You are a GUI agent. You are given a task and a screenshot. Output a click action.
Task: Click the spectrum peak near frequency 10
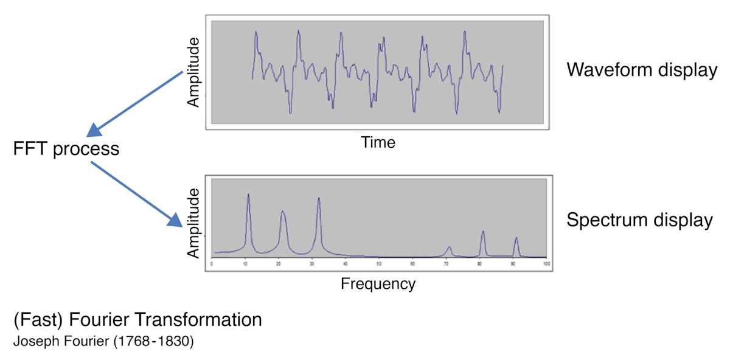tap(248, 196)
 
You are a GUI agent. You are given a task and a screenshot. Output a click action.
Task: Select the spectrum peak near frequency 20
tap(283, 212)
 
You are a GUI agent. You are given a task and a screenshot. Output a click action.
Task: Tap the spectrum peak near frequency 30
tap(319, 199)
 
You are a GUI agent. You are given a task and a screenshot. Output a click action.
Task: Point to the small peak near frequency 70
tap(449, 247)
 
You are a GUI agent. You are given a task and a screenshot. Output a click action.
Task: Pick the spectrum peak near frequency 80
tap(483, 232)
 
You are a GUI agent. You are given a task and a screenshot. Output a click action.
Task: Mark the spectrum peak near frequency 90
tap(516, 238)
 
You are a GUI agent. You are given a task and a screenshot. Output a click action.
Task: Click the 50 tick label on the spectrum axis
tap(379, 265)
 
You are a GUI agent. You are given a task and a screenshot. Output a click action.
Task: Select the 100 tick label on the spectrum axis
tap(546, 265)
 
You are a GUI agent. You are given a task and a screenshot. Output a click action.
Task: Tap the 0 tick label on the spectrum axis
tap(211, 265)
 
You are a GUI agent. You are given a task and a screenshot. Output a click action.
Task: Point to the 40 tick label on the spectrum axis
tap(346, 265)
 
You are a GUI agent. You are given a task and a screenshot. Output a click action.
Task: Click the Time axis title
tap(378, 143)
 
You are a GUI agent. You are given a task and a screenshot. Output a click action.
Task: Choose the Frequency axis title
tap(378, 283)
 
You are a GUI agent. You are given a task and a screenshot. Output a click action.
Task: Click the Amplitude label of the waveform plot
tap(193, 72)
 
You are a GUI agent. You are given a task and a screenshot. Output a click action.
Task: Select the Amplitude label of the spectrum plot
tap(193, 223)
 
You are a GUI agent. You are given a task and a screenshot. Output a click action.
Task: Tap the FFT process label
tap(66, 149)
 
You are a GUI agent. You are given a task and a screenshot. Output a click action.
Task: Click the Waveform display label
tap(642, 70)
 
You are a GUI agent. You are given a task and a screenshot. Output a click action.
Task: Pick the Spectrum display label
tap(639, 220)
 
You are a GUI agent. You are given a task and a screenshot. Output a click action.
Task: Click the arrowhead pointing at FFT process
tap(94, 130)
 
